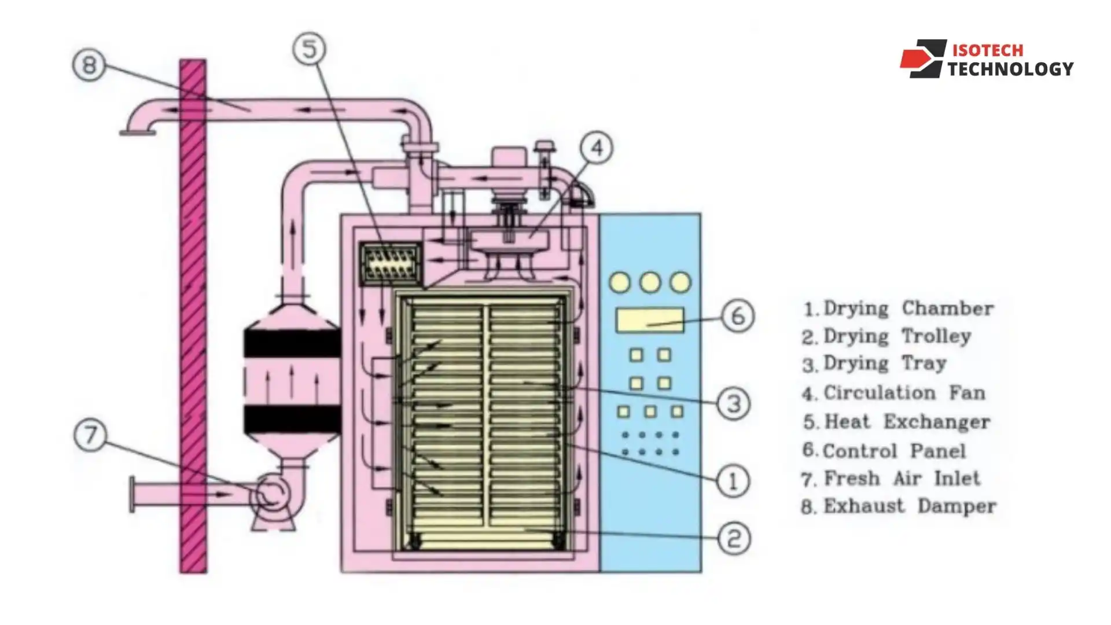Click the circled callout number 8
[x=89, y=64]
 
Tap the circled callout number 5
[x=310, y=49]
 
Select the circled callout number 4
[x=597, y=148]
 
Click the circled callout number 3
[x=734, y=403]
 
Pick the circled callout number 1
[x=733, y=480]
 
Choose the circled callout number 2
[x=734, y=538]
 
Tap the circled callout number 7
[x=90, y=434]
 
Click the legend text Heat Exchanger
[x=906, y=422]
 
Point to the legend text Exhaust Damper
[x=909, y=506]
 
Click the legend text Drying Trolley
[x=896, y=336]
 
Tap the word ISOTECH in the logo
[x=987, y=50]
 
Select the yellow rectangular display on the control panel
[x=649, y=320]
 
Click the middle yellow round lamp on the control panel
[x=650, y=282]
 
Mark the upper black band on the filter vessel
[x=291, y=344]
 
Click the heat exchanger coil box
[x=390, y=264]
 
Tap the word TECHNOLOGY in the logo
[x=1010, y=69]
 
